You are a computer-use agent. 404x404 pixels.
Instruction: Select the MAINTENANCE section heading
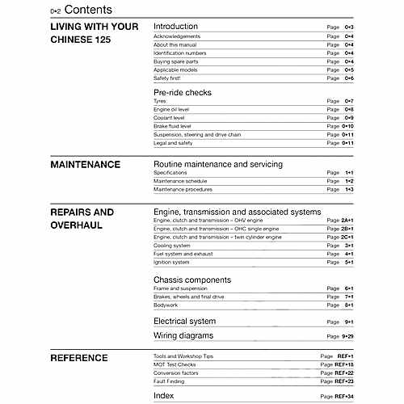tap(85, 164)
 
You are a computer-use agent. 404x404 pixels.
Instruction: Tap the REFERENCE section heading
tap(79, 357)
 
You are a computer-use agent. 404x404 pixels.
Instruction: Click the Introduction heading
tap(175, 27)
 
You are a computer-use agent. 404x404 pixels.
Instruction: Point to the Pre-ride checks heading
tap(182, 92)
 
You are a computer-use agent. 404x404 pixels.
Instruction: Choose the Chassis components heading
tap(192, 280)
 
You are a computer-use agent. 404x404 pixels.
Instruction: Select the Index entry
tap(163, 396)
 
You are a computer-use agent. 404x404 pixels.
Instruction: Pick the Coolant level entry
tap(170, 118)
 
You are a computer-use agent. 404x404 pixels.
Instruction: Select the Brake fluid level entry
tap(173, 126)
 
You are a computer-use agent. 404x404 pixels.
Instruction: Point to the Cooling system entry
tap(172, 245)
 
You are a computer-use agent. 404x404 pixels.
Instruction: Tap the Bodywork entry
tap(167, 305)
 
